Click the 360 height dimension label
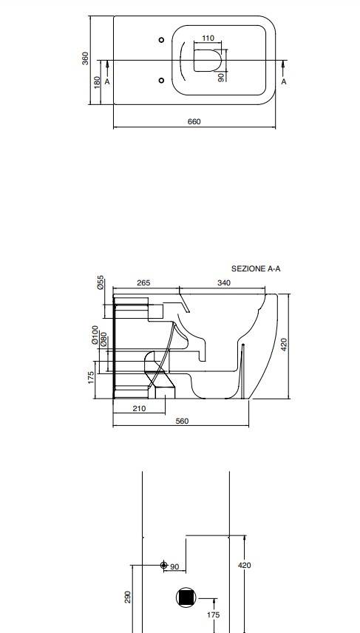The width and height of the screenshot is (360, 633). [85, 58]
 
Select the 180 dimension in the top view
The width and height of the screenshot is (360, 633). [97, 82]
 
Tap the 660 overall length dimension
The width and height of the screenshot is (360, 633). [194, 121]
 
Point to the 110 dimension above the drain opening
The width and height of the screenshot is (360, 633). [208, 38]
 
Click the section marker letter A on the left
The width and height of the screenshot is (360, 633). [107, 81]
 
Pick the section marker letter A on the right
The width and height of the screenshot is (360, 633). [284, 81]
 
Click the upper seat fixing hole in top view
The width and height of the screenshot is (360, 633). [161, 40]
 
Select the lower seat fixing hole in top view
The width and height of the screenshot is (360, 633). [161, 81]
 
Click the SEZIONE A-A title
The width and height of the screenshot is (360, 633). [256, 268]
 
